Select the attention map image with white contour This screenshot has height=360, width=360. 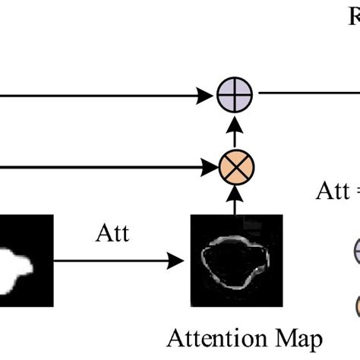coord(236,260)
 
